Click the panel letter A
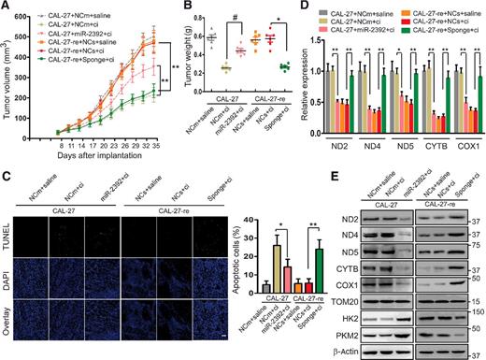click(x=6, y=7)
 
